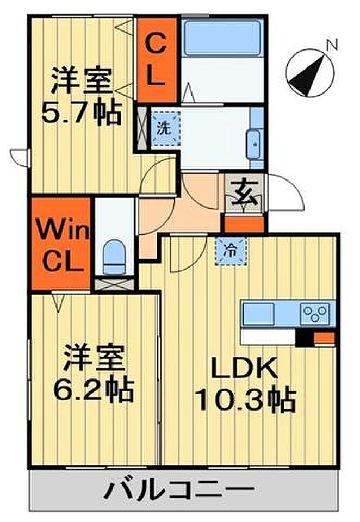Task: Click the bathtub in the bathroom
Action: coord(222,37)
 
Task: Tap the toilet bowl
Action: coord(114,256)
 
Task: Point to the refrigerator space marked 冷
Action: coord(231,250)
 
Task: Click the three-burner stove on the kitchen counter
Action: coord(316,313)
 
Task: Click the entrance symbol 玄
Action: coord(244,195)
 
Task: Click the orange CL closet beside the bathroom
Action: coord(157,60)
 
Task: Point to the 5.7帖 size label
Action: coord(81,114)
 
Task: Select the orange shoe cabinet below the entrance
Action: coord(244,225)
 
